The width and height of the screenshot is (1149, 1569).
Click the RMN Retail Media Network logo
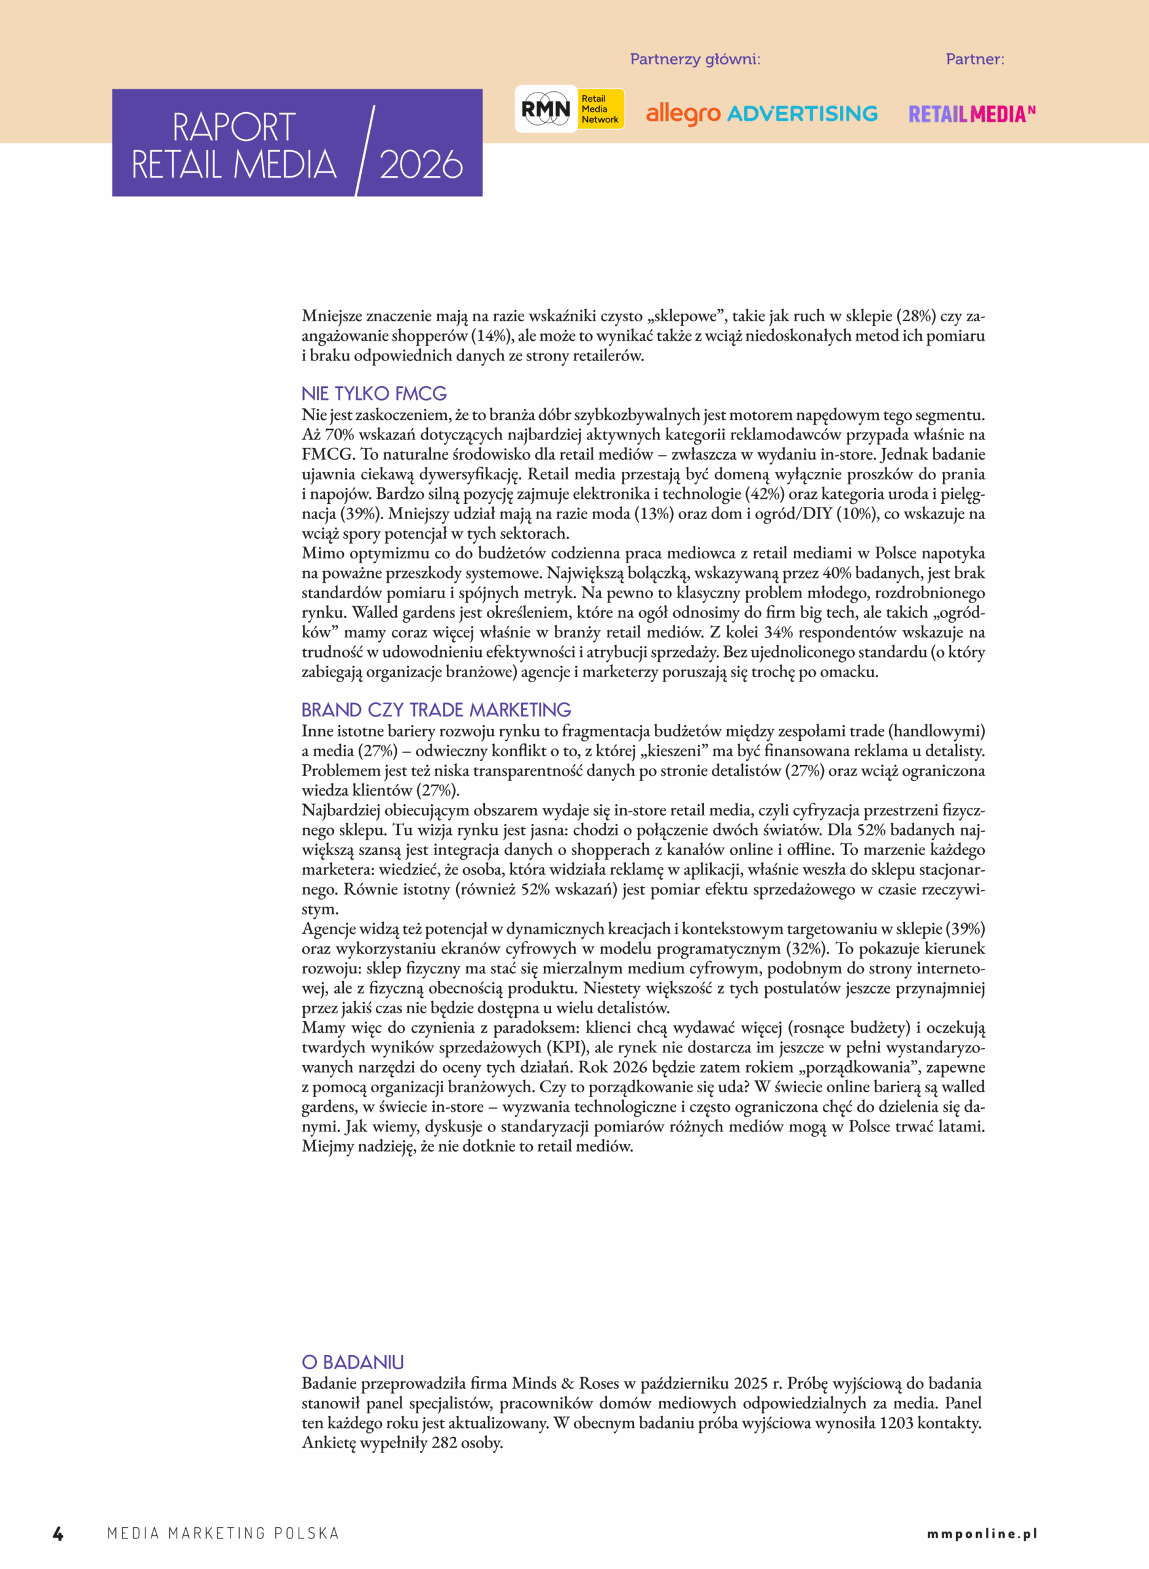pos(569,109)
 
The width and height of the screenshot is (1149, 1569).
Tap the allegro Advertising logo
pos(762,113)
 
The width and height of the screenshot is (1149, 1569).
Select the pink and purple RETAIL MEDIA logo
pos(972,114)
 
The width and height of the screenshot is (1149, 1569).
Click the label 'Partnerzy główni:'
pos(695,59)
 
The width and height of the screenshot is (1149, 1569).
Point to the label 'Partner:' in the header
pos(974,59)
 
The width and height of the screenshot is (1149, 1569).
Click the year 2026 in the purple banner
pos(421,165)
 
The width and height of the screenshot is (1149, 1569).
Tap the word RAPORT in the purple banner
pos(234,127)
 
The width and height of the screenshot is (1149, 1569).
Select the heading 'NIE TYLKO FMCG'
pos(374,393)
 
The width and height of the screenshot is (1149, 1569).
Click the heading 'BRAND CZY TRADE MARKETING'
pos(436,710)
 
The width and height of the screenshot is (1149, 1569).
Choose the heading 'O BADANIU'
pos(353,1362)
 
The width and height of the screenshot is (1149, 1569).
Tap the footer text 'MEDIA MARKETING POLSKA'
pos(223,1533)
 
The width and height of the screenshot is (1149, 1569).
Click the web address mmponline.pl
pos(982,1533)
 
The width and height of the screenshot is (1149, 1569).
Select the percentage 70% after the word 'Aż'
pos(340,435)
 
